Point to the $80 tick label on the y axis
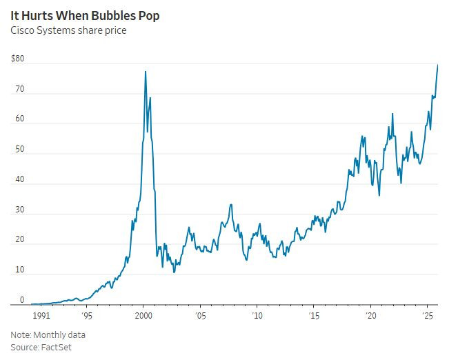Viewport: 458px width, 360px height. (x=18, y=59)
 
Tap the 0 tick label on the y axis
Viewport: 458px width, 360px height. (x=22, y=300)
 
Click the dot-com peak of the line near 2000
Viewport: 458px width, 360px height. (x=145, y=71)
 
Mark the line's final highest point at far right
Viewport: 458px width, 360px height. (x=438, y=65)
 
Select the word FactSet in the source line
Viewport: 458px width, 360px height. (x=57, y=347)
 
